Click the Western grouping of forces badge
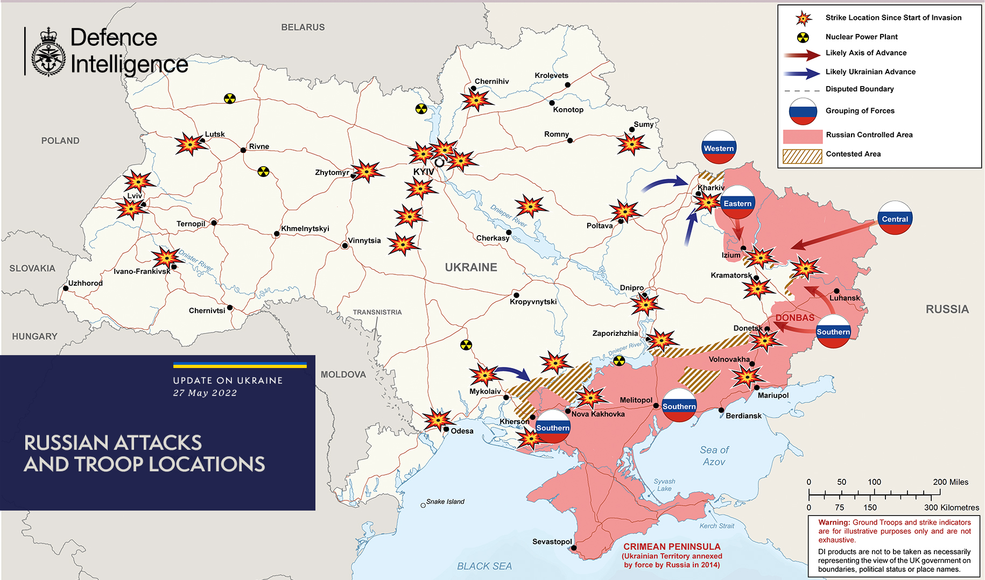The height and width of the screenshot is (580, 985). (x=719, y=147)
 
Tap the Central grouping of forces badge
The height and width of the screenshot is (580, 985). (x=895, y=218)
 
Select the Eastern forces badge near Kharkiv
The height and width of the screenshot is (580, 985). (x=737, y=203)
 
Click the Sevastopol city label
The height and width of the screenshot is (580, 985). (x=552, y=541)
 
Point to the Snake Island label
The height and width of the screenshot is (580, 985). (x=445, y=501)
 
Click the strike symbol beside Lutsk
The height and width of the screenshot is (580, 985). (x=189, y=144)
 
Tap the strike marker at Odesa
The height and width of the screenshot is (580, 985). (x=437, y=420)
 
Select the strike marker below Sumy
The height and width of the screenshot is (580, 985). (x=632, y=144)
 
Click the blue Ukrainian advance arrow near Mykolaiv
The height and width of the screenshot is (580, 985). (x=512, y=372)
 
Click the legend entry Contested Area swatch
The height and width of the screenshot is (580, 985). (x=802, y=156)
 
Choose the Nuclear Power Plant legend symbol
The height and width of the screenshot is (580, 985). (x=803, y=37)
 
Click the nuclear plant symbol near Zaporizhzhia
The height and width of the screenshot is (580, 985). (x=619, y=360)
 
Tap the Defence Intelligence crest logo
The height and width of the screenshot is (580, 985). (x=48, y=52)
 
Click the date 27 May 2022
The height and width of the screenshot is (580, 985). (x=205, y=393)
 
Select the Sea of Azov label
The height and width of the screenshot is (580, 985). (x=714, y=456)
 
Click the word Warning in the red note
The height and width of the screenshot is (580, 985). (x=834, y=522)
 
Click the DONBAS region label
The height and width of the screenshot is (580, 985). (x=794, y=317)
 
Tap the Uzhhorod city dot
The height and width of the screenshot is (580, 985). (x=66, y=288)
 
